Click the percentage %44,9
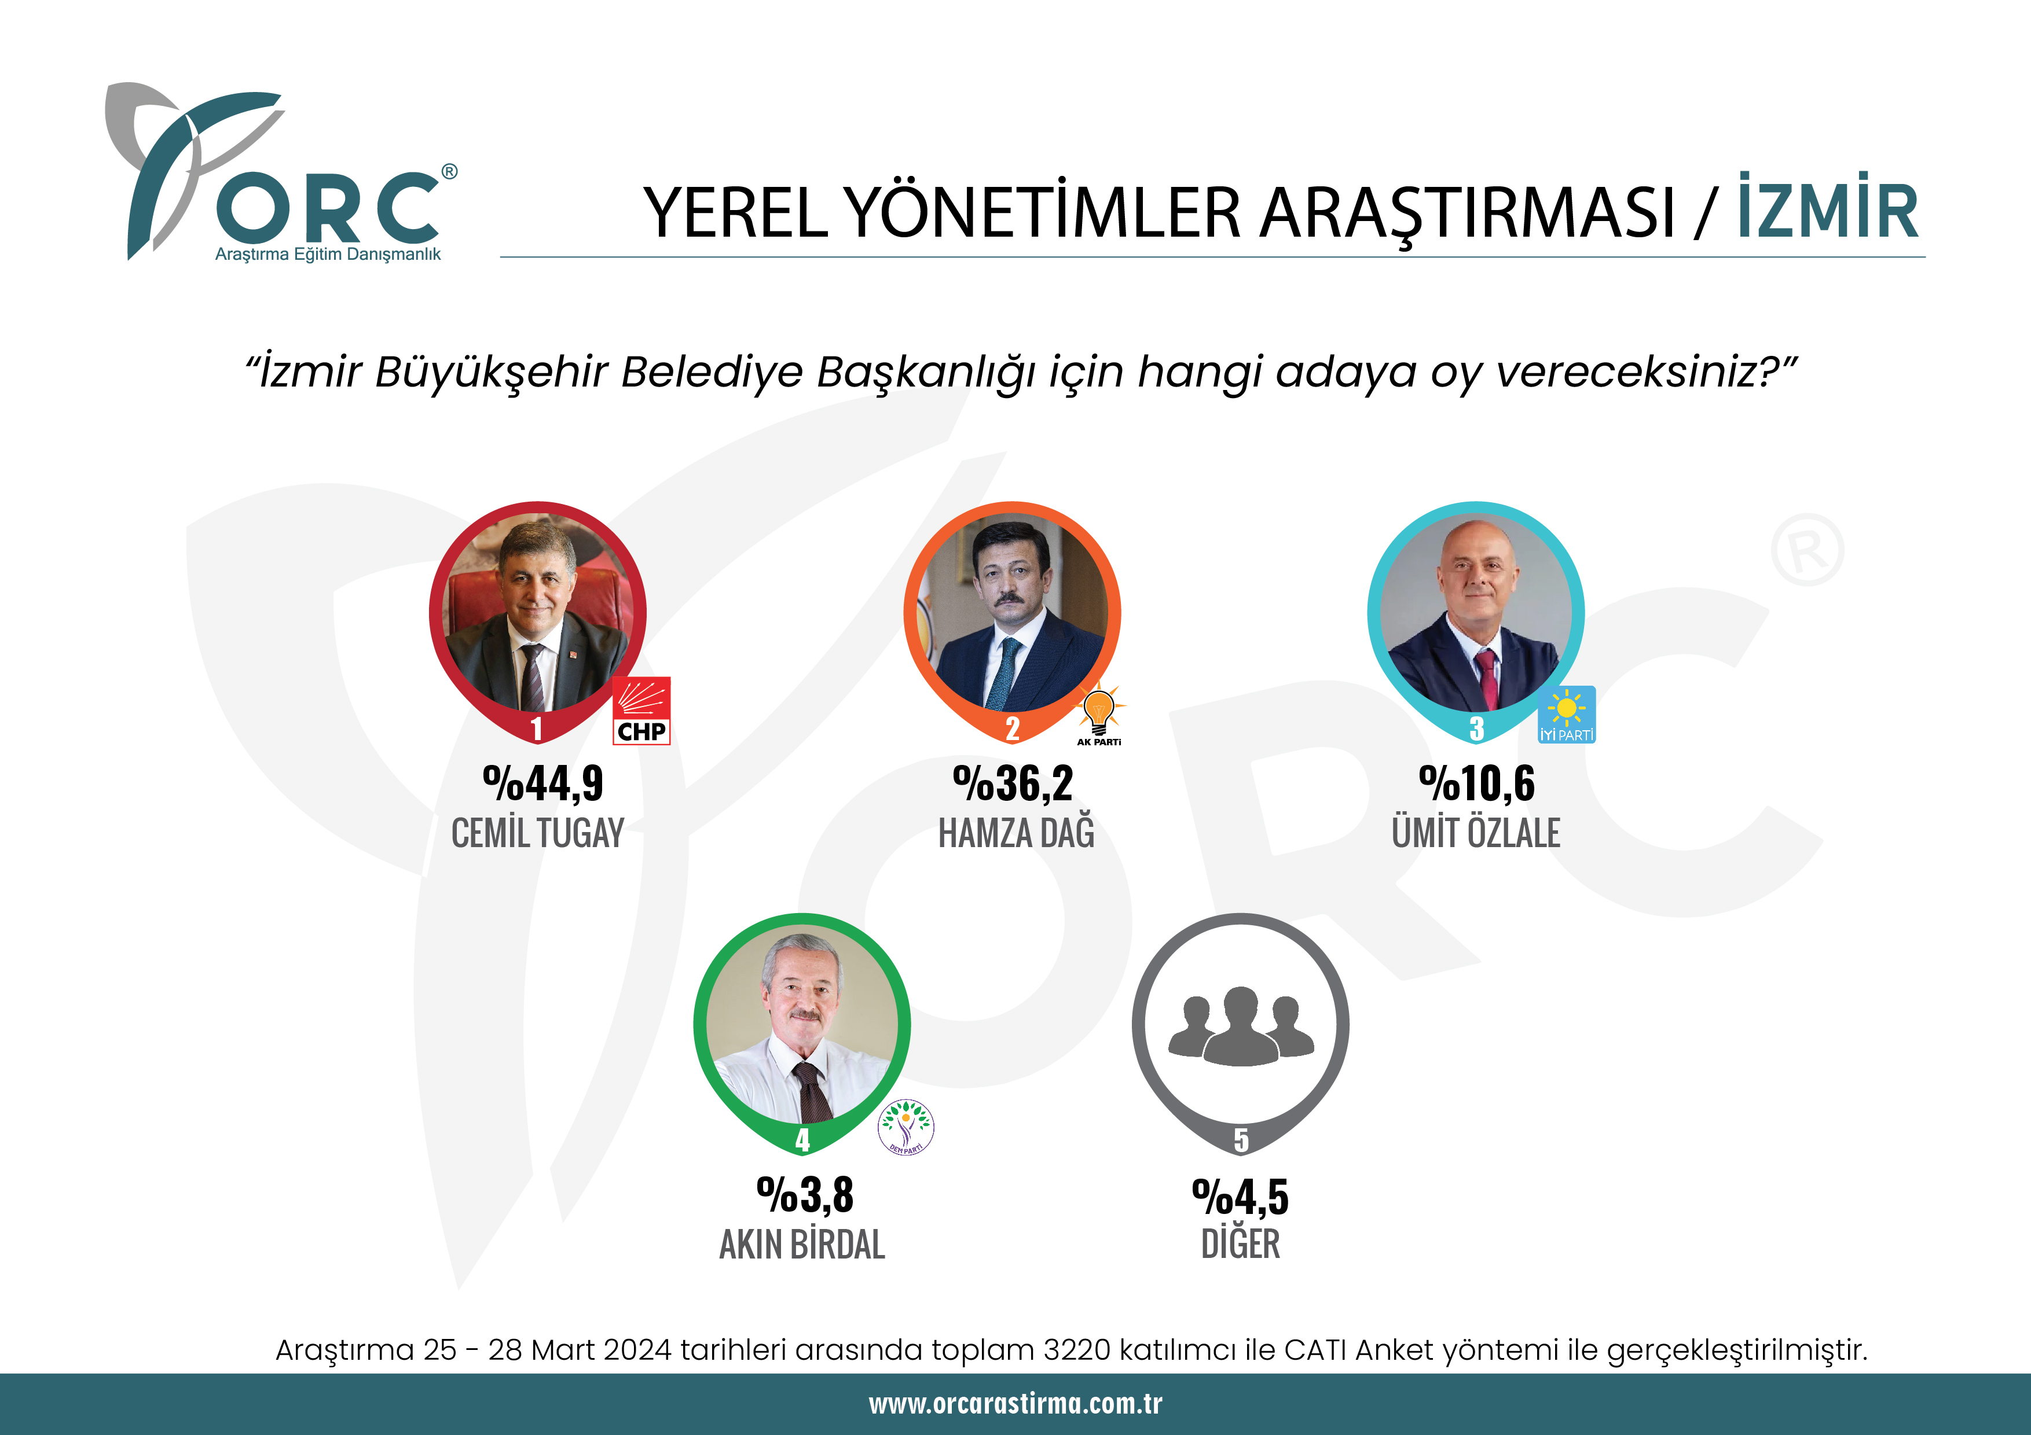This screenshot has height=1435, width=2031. (x=542, y=783)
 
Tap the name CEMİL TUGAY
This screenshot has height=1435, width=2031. (x=538, y=833)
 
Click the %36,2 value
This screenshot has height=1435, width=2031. (x=1013, y=783)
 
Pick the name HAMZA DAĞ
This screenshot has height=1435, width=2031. (x=1017, y=833)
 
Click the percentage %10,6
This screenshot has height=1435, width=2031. (x=1476, y=783)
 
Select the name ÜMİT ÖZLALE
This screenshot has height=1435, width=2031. (x=1475, y=833)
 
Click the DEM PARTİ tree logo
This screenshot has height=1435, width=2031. (x=906, y=1127)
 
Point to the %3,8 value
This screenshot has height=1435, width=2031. (x=805, y=1195)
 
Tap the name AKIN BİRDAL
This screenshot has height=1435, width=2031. (x=802, y=1244)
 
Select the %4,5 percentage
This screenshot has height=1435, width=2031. (x=1240, y=1197)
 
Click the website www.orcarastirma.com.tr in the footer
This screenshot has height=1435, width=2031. (x=1015, y=1403)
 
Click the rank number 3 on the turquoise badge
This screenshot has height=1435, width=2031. (x=1476, y=728)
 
